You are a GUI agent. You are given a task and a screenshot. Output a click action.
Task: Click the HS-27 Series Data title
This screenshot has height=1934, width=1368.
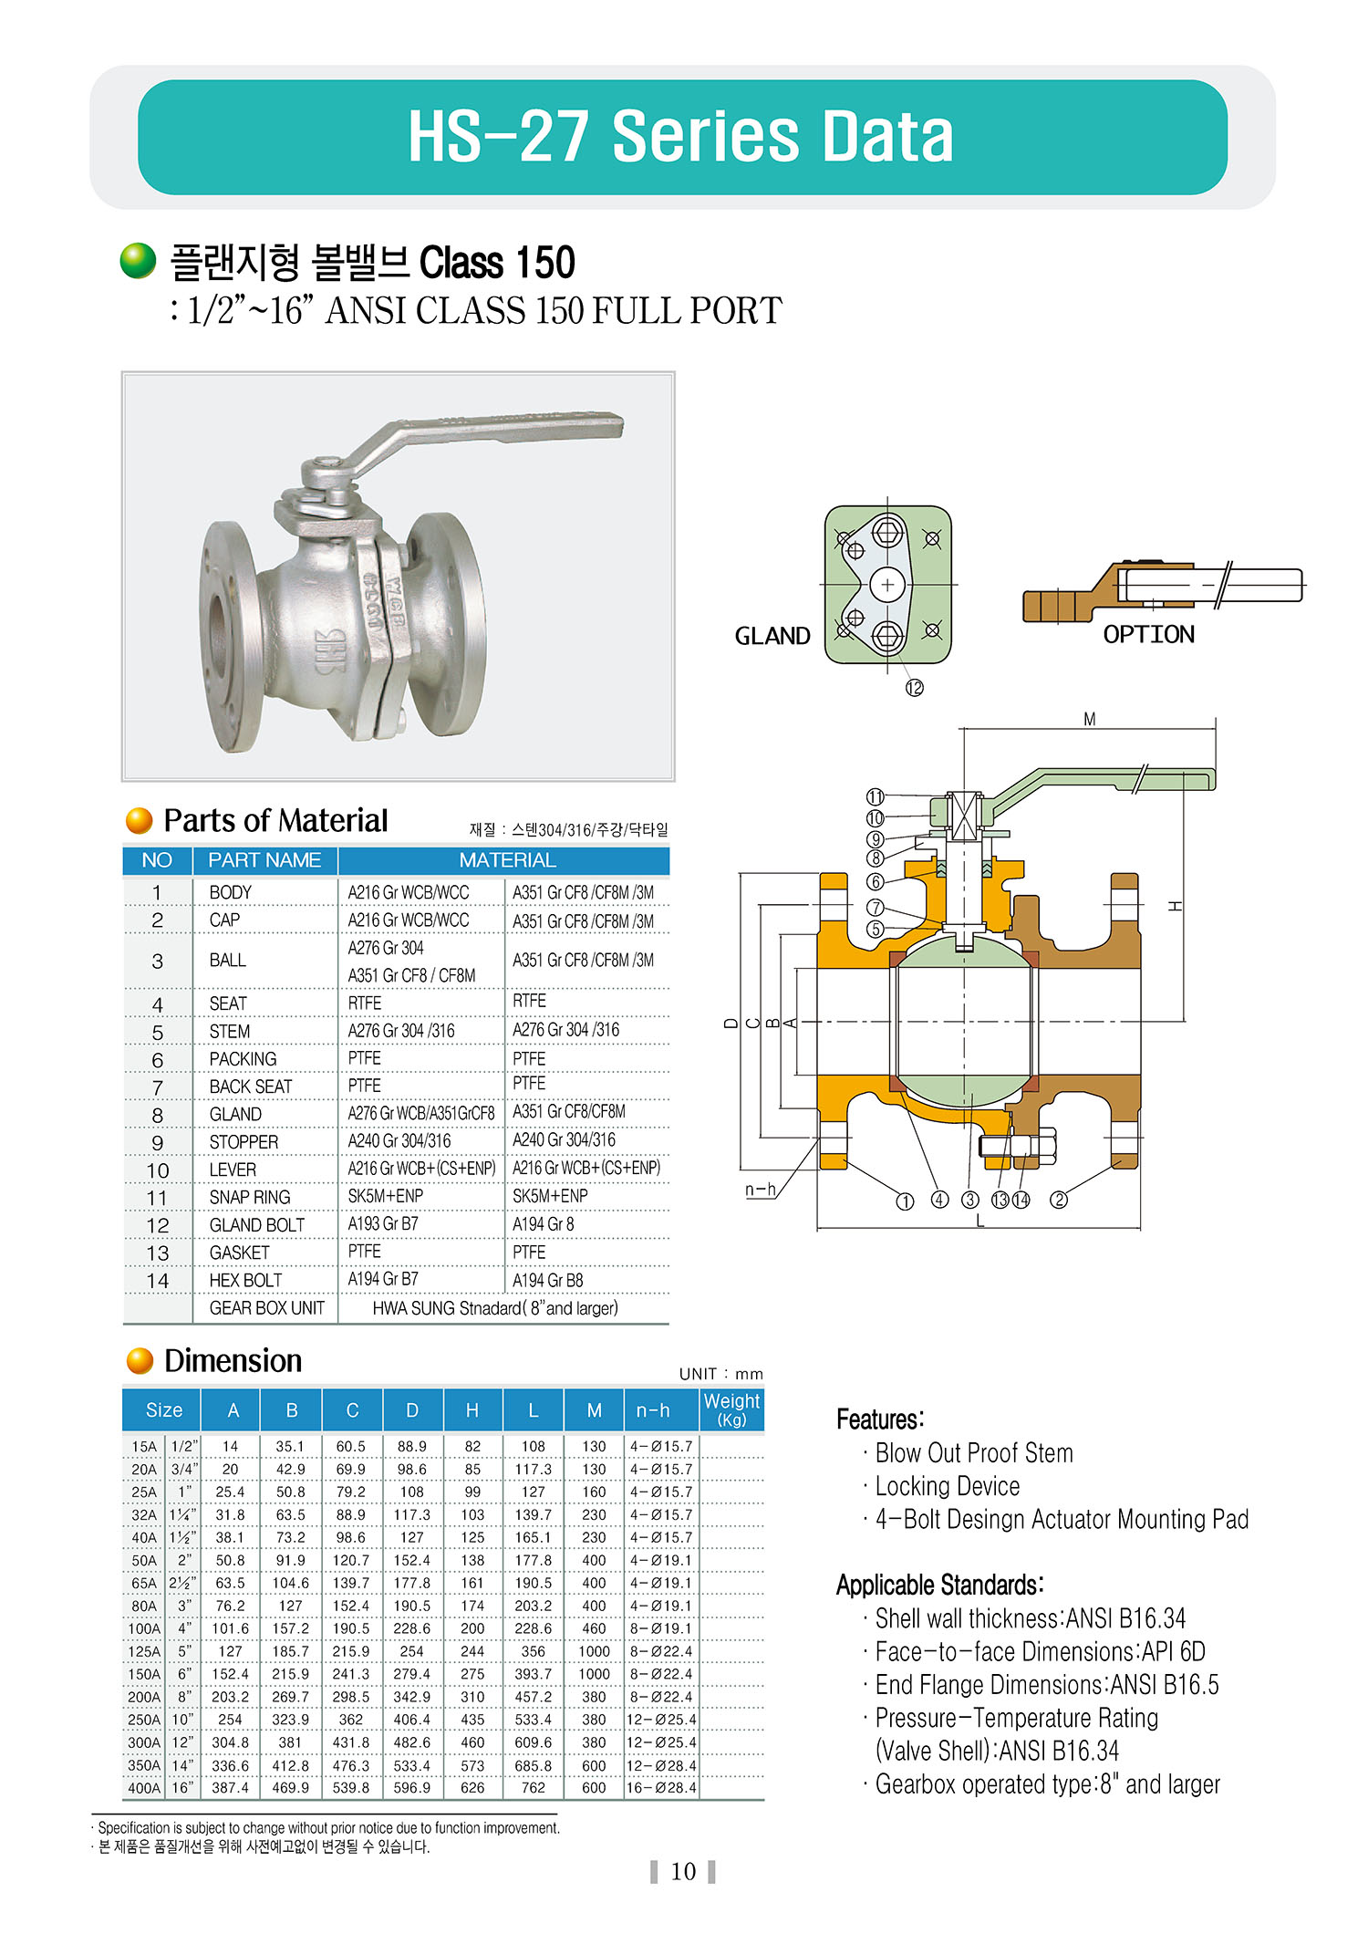pyautogui.click(x=680, y=137)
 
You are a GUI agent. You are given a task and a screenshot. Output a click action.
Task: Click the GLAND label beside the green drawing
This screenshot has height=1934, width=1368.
pyautogui.click(x=772, y=636)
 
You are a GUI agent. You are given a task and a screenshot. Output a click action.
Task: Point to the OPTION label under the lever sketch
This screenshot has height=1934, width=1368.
pyautogui.click(x=1148, y=634)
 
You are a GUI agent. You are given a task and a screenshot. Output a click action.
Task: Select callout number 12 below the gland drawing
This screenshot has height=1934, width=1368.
pyautogui.click(x=914, y=688)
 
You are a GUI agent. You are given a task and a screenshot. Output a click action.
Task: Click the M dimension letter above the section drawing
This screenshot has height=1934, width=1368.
pyautogui.click(x=1089, y=719)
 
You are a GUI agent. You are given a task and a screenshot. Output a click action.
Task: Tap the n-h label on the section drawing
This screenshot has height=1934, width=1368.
pyautogui.click(x=761, y=1189)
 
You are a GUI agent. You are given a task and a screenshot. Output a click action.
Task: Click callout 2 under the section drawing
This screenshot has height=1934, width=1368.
pyautogui.click(x=1059, y=1200)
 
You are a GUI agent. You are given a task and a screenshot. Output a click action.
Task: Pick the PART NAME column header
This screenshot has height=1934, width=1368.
pyautogui.click(x=264, y=860)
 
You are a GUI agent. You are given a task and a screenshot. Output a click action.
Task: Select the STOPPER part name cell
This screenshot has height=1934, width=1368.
pyautogui.click(x=244, y=1142)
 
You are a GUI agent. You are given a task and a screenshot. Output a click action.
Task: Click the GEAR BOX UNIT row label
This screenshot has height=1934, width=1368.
pyautogui.click(x=267, y=1308)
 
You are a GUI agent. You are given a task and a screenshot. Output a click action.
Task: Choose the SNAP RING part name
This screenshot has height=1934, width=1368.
pyautogui.click(x=250, y=1197)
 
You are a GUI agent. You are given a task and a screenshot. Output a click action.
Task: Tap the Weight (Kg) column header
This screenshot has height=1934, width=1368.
pyautogui.click(x=731, y=1409)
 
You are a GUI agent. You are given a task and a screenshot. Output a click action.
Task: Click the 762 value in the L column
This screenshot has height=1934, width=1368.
pyautogui.click(x=534, y=1787)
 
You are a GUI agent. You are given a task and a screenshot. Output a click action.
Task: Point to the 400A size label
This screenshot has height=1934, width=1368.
pyautogui.click(x=144, y=1787)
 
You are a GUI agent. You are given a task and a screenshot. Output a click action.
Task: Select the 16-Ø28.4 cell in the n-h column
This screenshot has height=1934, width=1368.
pyautogui.click(x=661, y=1787)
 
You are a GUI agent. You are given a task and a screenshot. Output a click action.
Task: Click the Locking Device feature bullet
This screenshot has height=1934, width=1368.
pyautogui.click(x=947, y=1486)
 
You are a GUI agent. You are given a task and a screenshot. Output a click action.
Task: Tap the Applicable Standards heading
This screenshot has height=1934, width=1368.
pyautogui.click(x=940, y=1585)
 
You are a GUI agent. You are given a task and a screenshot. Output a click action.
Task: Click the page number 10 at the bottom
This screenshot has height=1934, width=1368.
pyautogui.click(x=683, y=1872)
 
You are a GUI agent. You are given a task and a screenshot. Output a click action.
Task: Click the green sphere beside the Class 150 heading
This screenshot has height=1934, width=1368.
pyautogui.click(x=139, y=261)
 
